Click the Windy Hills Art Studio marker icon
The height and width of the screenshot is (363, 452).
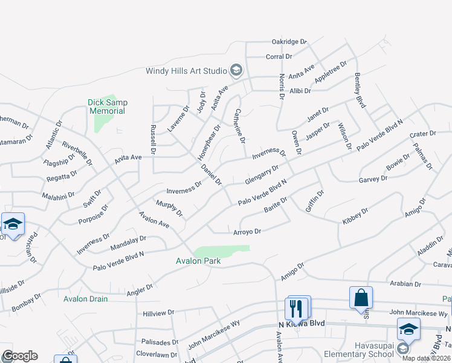[236, 71]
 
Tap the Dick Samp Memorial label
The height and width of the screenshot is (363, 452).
[107, 107]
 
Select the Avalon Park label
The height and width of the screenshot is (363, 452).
[198, 261]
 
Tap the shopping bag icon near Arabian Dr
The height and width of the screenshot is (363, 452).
[361, 298]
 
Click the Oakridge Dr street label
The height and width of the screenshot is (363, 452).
[289, 42]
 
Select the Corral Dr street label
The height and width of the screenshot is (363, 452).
[279, 57]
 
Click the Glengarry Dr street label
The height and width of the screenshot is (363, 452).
[262, 175]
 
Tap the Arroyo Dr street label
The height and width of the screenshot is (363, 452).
[247, 232]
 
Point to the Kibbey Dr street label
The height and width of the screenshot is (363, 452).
[355, 216]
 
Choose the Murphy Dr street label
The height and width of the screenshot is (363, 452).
[169, 208]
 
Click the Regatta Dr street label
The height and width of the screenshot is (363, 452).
[60, 176]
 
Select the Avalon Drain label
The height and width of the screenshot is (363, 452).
[86, 299]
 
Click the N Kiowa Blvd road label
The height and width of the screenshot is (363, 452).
[302, 324]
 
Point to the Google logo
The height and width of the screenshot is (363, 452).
[20, 356]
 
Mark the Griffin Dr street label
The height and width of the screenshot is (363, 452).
[315, 201]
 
